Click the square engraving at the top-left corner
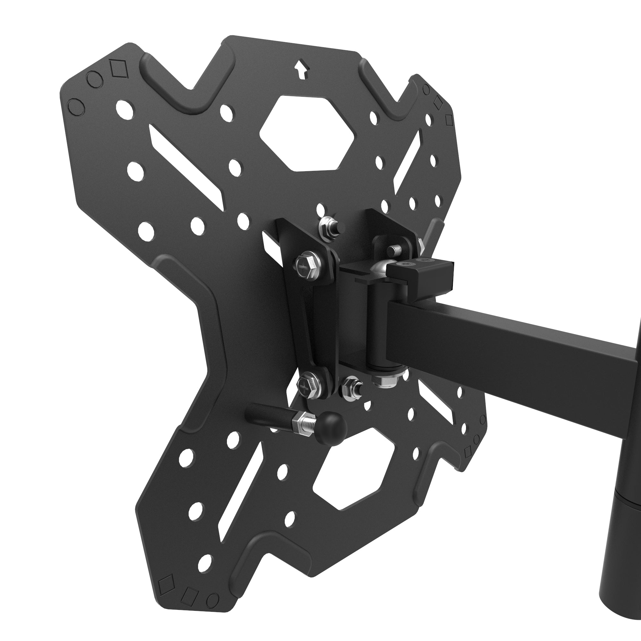coord(119,69)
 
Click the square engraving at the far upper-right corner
coord(449,120)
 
